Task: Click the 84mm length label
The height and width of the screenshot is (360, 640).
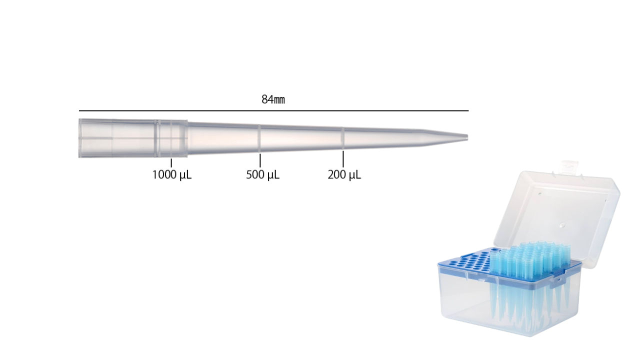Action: (273, 99)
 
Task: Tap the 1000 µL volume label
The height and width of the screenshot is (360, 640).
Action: (171, 175)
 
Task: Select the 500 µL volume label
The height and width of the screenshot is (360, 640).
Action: (262, 175)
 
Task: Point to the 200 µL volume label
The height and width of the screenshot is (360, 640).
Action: (344, 175)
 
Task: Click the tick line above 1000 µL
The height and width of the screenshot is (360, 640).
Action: (171, 162)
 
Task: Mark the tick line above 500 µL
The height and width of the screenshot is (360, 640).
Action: (260, 160)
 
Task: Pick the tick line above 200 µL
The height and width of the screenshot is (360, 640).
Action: (343, 158)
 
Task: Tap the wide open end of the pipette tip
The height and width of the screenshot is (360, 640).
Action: (80, 138)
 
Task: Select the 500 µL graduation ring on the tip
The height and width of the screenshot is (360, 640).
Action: (259, 137)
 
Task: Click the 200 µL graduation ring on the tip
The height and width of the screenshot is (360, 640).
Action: (343, 137)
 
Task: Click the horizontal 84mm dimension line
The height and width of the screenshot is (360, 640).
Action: (273, 110)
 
